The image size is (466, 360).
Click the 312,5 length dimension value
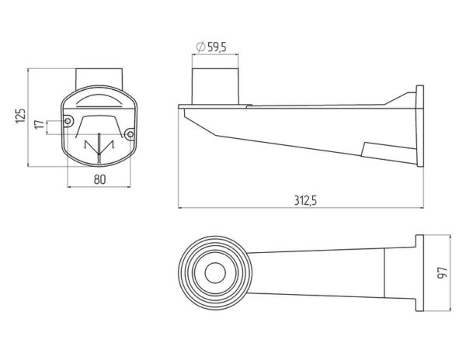[x=305, y=200]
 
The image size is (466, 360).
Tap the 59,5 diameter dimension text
[x=217, y=47]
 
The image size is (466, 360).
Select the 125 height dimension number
[x=21, y=116]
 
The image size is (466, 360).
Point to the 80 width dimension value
[x=100, y=179]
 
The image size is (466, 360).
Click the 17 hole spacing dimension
[x=40, y=124]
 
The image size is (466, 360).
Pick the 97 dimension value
[x=443, y=273]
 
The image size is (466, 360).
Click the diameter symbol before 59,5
[x=201, y=47]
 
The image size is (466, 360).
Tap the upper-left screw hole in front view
[x=68, y=121]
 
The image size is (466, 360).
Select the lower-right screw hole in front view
[x=130, y=134]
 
